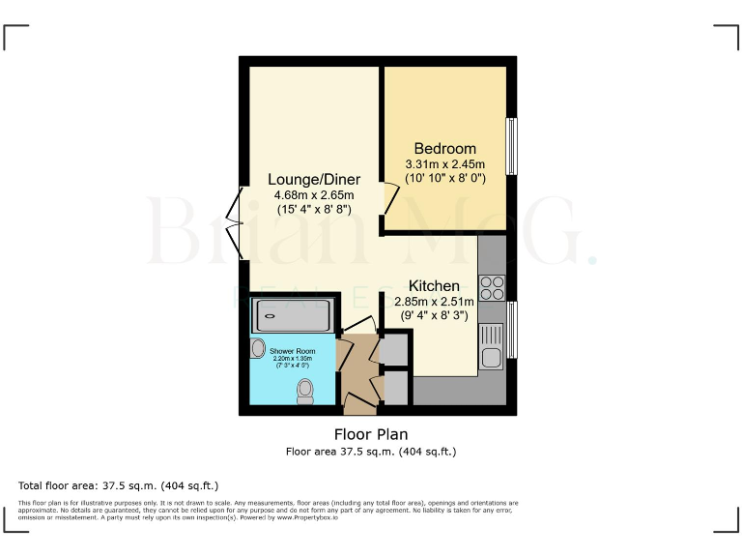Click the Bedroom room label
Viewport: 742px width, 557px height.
click(444, 148)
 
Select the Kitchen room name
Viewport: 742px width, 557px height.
click(434, 286)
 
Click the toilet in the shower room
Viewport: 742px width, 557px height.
click(306, 389)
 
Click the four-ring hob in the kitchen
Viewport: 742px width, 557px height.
click(492, 287)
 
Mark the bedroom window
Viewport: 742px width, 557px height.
click(512, 147)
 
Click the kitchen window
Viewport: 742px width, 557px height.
click(512, 329)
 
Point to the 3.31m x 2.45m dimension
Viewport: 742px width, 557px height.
click(444, 164)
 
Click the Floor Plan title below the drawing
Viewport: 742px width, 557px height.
click(370, 434)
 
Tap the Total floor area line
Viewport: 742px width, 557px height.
click(119, 484)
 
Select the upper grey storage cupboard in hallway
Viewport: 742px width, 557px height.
click(395, 350)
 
